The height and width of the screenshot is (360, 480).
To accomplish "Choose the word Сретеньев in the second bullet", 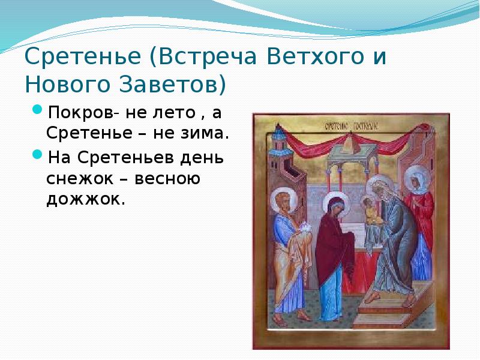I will (x=119, y=158).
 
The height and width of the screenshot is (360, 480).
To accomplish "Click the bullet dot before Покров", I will (x=37, y=112).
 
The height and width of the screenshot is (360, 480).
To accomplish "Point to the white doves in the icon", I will (x=304, y=227).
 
